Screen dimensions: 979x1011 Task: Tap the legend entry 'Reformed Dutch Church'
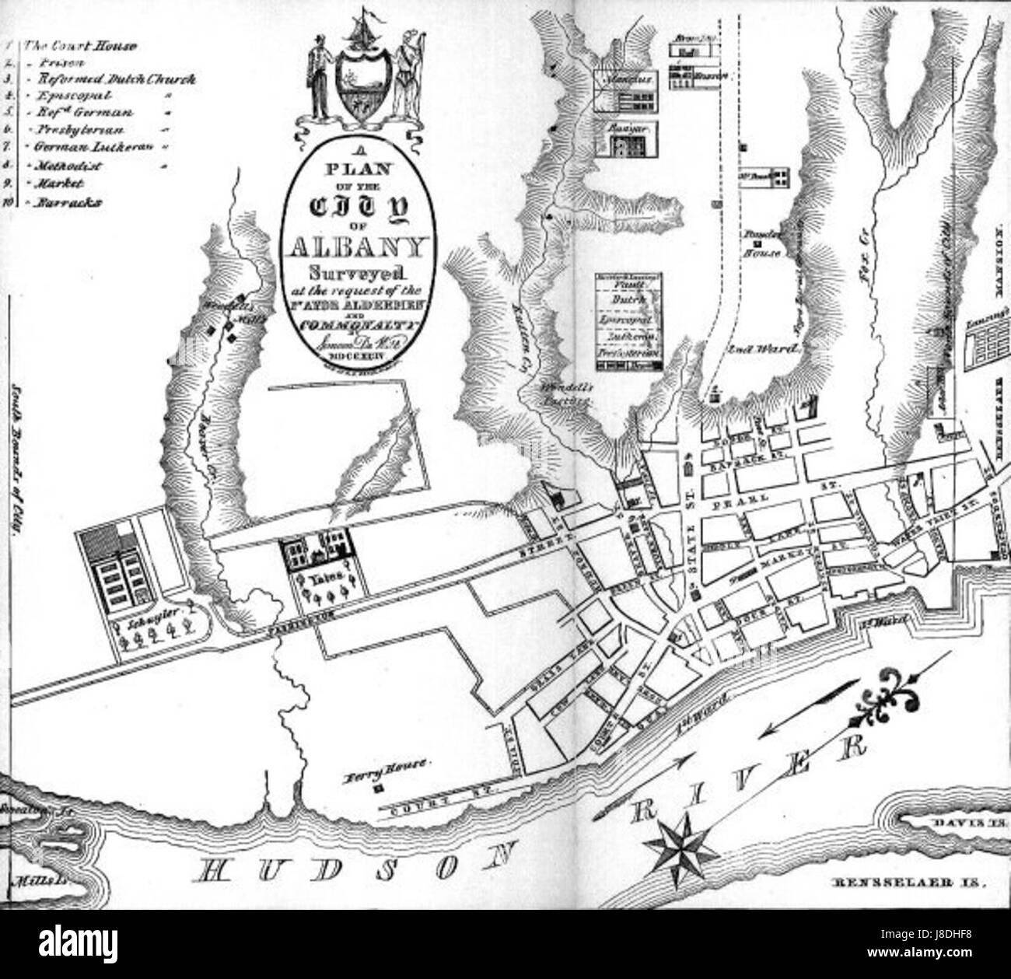[110, 79]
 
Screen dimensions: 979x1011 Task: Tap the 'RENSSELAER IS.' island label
[913, 884]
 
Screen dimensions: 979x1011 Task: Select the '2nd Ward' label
[764, 349]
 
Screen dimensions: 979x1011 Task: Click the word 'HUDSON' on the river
[349, 869]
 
